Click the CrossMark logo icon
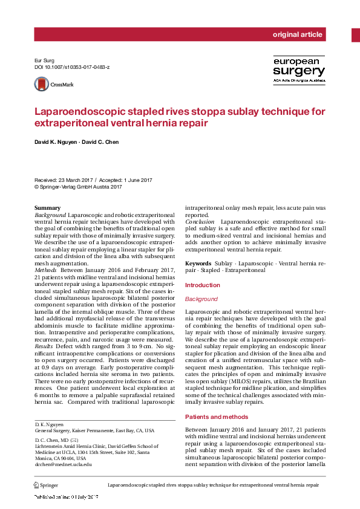[x=41, y=85]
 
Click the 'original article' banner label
[x=297, y=34]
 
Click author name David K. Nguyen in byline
[x=59, y=142]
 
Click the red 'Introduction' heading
[x=202, y=285]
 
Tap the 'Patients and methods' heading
[x=216, y=417]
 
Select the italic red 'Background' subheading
[x=201, y=299]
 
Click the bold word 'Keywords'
[x=198, y=264]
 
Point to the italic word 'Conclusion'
[x=200, y=222]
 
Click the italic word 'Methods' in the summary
[x=46, y=270]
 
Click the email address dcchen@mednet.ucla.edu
[x=63, y=464]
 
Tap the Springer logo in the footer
[x=45, y=485]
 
